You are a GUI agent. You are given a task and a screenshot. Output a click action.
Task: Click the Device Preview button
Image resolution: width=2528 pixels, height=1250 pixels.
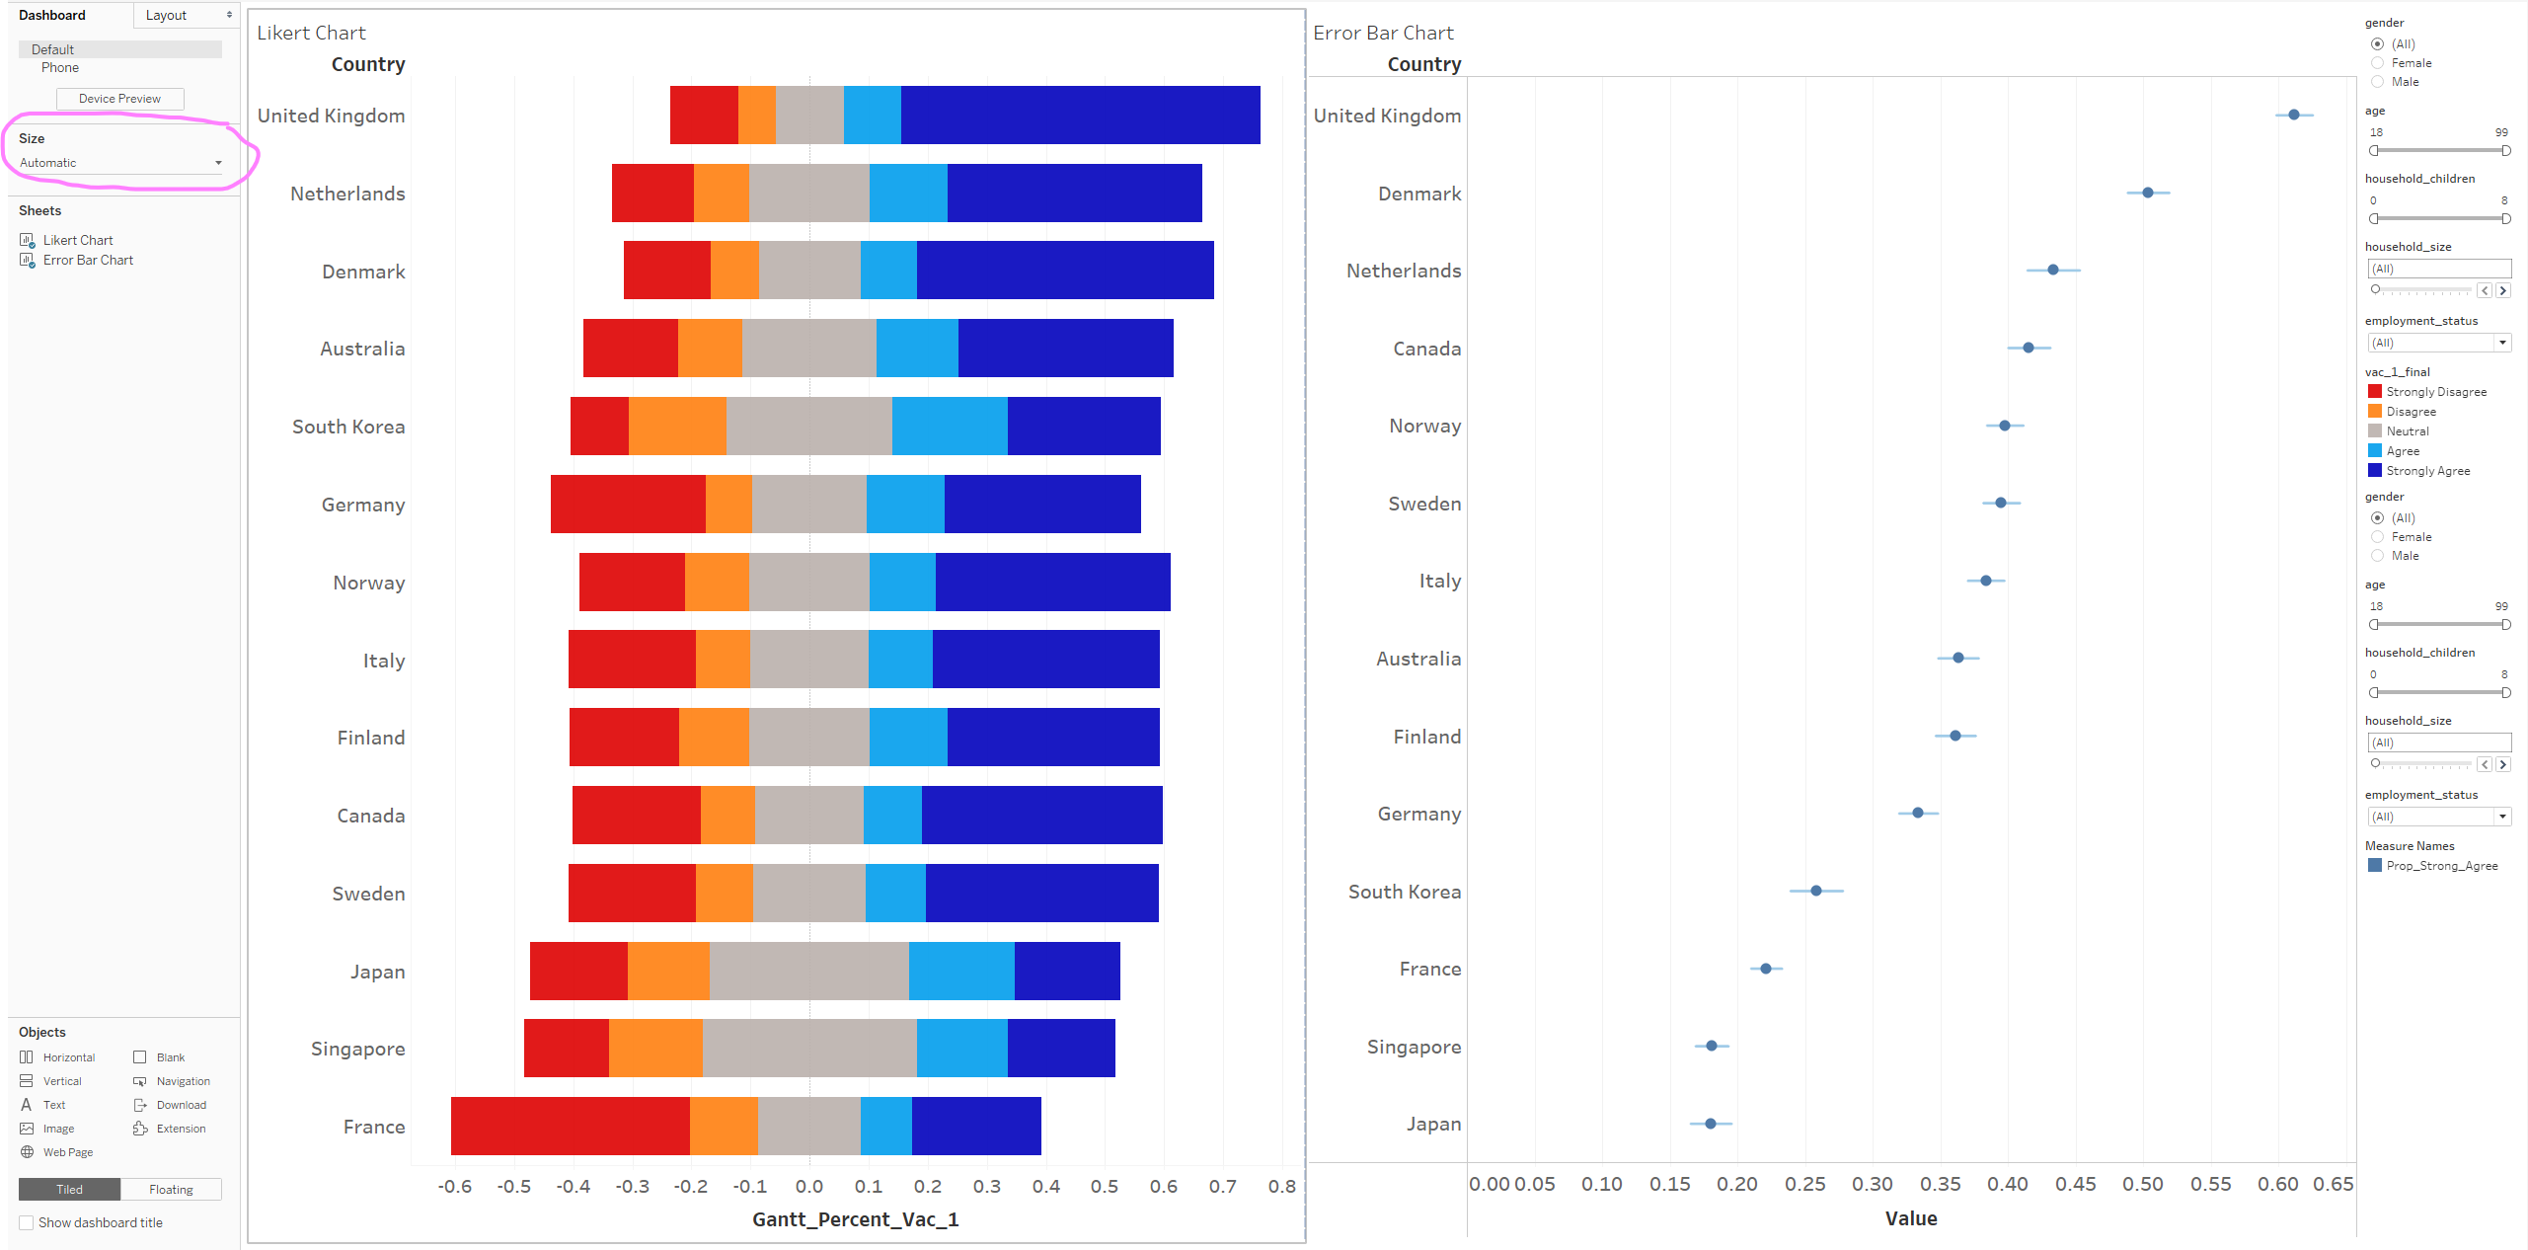(x=119, y=99)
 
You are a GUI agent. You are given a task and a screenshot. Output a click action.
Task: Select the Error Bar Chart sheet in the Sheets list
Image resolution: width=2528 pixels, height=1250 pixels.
(x=88, y=261)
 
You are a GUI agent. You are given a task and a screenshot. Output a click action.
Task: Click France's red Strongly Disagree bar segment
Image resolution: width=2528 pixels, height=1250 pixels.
(x=570, y=1126)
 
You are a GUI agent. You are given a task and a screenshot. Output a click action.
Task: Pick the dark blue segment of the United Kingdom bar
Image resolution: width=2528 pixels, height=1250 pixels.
(x=1080, y=115)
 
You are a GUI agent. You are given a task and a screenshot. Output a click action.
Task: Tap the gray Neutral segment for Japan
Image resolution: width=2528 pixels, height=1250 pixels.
(x=808, y=971)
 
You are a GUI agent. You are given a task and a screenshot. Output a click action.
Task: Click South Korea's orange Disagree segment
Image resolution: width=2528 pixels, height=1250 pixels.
(x=677, y=426)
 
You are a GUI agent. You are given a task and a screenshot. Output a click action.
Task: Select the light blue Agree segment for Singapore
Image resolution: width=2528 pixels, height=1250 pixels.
(x=961, y=1048)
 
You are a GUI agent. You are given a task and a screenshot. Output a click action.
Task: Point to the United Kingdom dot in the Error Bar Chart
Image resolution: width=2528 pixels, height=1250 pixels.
(x=2294, y=115)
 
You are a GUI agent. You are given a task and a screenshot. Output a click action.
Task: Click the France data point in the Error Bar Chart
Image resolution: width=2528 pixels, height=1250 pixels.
(x=1766, y=969)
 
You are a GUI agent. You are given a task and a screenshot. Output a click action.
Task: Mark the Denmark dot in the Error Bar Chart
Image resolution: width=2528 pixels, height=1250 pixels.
(x=2148, y=193)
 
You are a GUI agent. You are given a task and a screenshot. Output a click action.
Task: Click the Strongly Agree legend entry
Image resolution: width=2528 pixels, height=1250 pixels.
(x=2427, y=471)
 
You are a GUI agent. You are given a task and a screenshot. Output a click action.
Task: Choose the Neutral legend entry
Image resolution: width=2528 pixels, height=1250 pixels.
(x=2407, y=431)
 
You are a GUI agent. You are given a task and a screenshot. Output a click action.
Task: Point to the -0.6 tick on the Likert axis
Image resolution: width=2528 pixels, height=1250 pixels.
(x=454, y=1186)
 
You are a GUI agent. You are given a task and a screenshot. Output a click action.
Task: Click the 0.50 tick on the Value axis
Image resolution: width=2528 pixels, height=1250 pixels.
(x=2143, y=1184)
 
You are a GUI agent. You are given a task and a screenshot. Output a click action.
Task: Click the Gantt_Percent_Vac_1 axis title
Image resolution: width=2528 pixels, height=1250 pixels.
(x=855, y=1219)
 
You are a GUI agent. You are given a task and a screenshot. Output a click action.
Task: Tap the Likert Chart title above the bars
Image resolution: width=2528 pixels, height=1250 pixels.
(x=311, y=33)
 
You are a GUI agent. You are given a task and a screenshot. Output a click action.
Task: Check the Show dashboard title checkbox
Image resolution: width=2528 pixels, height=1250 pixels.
(x=27, y=1222)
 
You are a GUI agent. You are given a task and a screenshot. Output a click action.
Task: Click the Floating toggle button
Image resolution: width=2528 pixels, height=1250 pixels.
(x=171, y=1190)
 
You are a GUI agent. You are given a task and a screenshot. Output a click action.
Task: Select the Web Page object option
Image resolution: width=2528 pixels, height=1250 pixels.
(x=67, y=1152)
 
